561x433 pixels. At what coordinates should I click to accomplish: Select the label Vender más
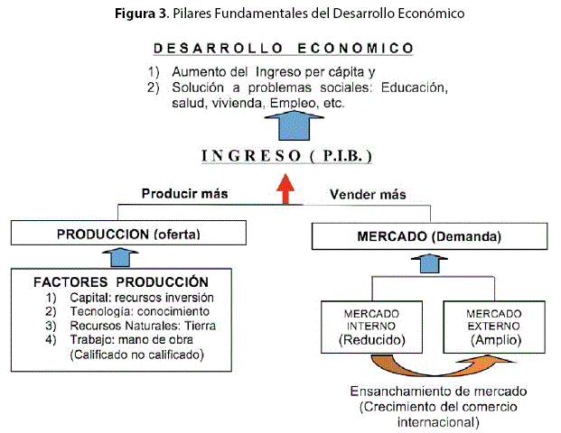click(x=368, y=194)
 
